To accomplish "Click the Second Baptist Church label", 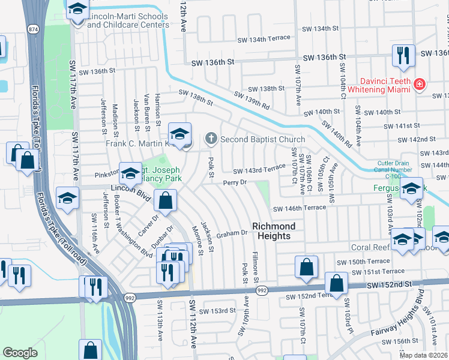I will pos(262,139).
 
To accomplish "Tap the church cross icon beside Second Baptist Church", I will pos(211,139).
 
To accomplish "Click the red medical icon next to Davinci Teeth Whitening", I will pos(418,85).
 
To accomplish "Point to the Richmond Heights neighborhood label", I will pos(274,231).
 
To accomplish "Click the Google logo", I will pos(20,353).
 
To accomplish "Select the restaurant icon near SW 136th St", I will pos(403,56).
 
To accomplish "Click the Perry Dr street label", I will pos(235,182).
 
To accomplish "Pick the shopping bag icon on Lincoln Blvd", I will pos(165,199).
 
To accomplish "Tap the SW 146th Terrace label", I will pos(299,208).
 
